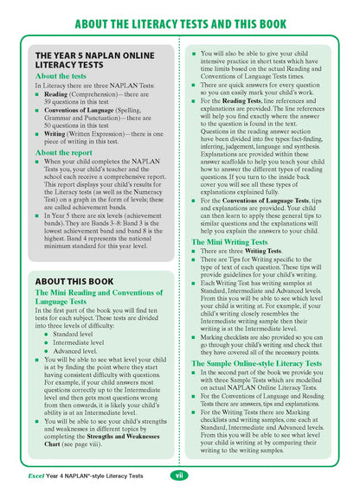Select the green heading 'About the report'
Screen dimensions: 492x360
(63, 152)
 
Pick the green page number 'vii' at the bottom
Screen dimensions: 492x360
(179, 475)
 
